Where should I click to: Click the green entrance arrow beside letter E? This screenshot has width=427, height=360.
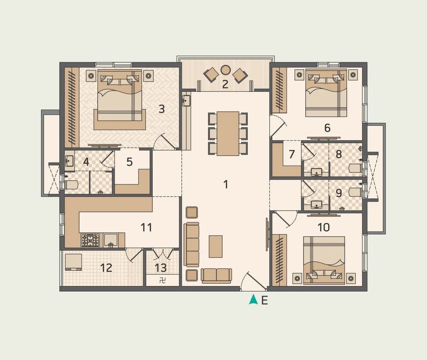(x=253, y=300)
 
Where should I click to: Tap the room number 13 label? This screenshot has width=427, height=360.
(x=161, y=268)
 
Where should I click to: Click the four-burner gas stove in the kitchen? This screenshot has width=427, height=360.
(x=90, y=240)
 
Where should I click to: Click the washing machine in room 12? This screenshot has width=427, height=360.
(x=73, y=262)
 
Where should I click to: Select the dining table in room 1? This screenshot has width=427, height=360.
(x=228, y=133)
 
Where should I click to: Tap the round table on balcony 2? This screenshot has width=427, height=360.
(x=226, y=70)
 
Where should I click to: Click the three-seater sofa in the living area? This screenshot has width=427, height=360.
(x=192, y=244)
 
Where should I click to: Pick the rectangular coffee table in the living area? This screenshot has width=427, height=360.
(x=216, y=246)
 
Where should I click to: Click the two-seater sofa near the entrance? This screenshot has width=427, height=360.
(x=216, y=275)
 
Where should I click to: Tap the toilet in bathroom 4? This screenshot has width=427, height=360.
(x=71, y=185)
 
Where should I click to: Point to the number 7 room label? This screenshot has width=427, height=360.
(x=291, y=154)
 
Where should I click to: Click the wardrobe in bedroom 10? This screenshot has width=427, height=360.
(x=279, y=259)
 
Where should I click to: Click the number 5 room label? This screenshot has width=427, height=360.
(x=130, y=162)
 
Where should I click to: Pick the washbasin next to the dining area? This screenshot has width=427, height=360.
(x=186, y=100)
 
